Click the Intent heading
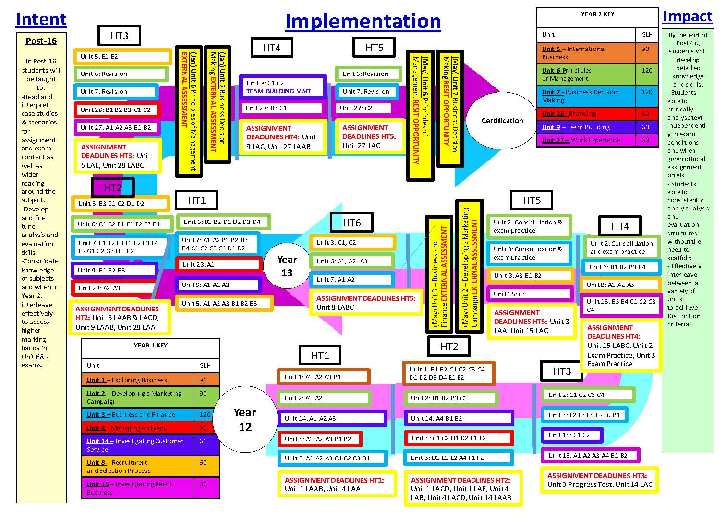tap(41, 19)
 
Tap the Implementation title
tap(363, 21)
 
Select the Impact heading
tap(687, 16)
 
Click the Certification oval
tap(502, 121)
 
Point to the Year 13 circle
tap(287, 266)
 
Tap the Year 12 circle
tap(245, 420)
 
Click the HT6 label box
tap(351, 223)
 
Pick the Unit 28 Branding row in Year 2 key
tap(585, 114)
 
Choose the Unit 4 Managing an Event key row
tap(138, 428)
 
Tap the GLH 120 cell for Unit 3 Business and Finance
tap(205, 414)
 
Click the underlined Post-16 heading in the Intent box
tap(41, 41)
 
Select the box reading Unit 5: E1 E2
tap(123, 57)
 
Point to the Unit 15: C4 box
tap(530, 294)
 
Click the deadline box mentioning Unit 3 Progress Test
tap(600, 480)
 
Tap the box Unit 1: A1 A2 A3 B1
tap(324, 377)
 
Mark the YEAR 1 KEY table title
tap(150, 345)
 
